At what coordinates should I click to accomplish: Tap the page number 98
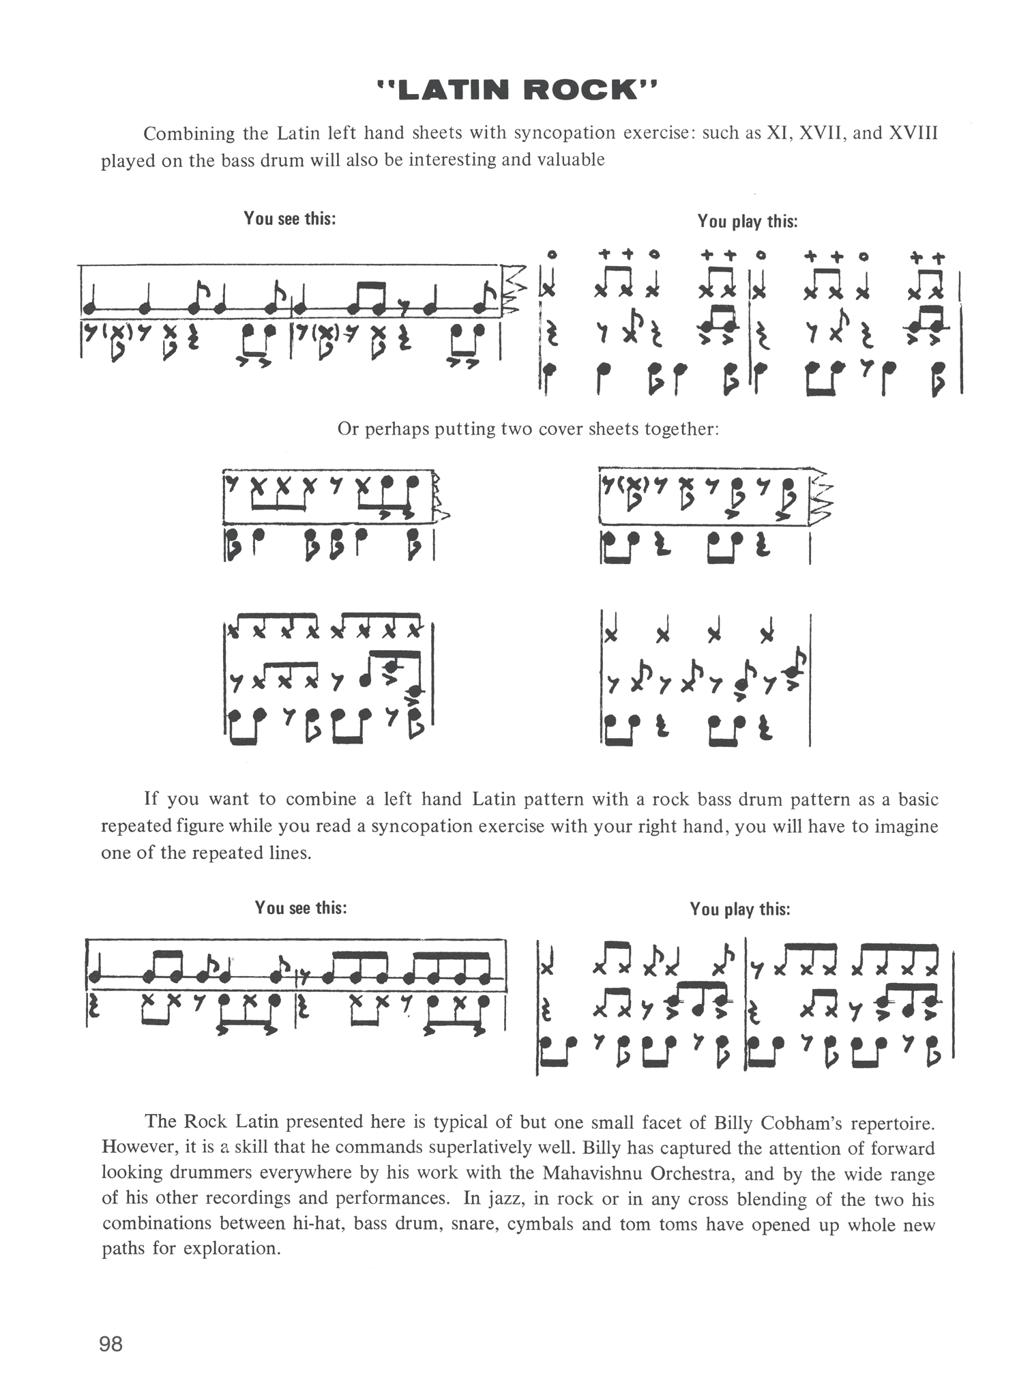point(111,1343)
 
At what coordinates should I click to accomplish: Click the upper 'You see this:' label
point(290,219)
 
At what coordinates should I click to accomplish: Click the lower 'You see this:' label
point(301,908)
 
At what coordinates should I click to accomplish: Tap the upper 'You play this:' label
point(747,221)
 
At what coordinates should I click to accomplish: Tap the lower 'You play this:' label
point(740,909)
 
